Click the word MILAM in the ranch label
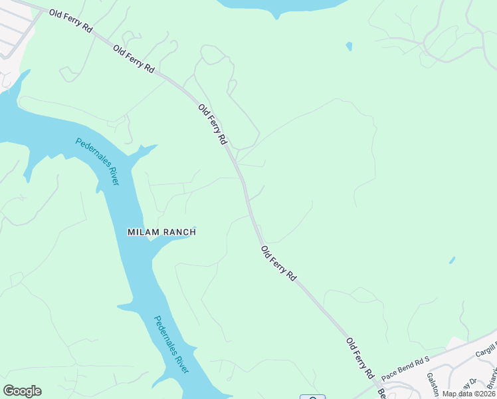144,232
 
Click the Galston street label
433,384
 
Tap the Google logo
22,391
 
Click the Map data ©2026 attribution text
469,394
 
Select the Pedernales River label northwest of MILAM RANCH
97,161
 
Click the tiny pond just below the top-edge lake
349,47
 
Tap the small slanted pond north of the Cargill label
452,260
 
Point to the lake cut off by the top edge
279,5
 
